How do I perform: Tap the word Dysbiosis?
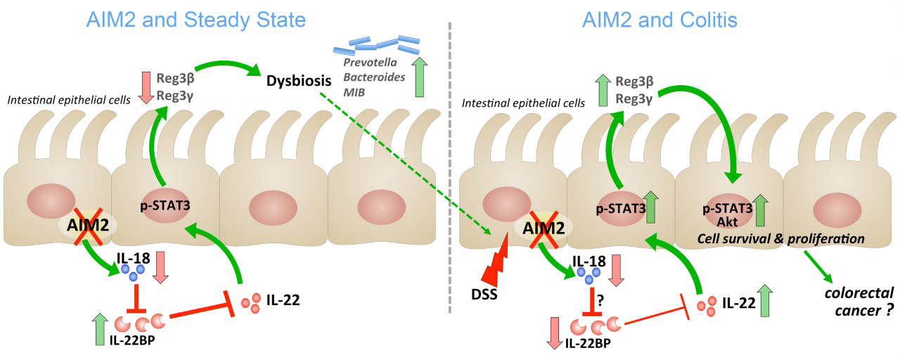299,82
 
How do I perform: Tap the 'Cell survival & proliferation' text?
780,239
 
